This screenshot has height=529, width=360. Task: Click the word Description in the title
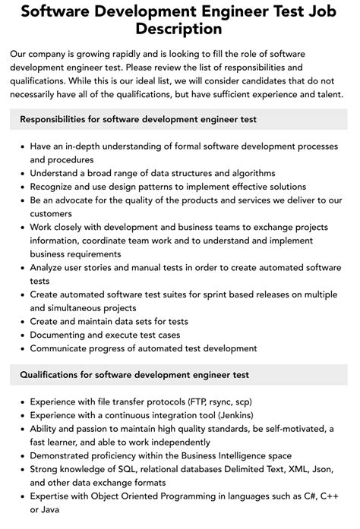[179, 29]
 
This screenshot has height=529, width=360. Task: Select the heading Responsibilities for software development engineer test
[138, 119]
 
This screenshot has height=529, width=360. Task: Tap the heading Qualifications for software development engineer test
[134, 374]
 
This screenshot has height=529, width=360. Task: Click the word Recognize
[56, 186]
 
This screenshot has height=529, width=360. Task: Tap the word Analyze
[50, 267]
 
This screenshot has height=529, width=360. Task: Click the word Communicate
[62, 348]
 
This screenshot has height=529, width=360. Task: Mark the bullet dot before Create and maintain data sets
[21, 322]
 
